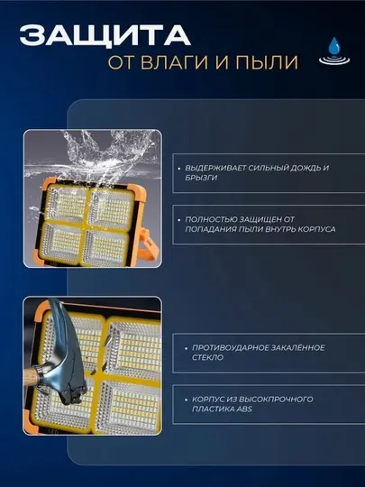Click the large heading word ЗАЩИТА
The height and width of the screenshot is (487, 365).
(x=105, y=35)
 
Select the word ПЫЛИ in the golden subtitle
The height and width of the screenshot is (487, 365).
(x=267, y=62)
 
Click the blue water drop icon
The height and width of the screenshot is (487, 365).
(x=334, y=51)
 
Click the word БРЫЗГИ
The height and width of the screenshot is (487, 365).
(x=201, y=178)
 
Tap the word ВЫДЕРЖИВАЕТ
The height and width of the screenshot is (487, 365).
(x=215, y=168)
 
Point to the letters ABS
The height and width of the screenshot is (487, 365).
(x=244, y=409)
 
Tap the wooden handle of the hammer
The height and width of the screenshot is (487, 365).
(x=31, y=376)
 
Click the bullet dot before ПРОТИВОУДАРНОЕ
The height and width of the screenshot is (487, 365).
(x=186, y=348)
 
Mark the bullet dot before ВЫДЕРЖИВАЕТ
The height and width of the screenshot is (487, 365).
(x=179, y=169)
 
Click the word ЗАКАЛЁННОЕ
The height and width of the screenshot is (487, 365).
(x=298, y=347)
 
